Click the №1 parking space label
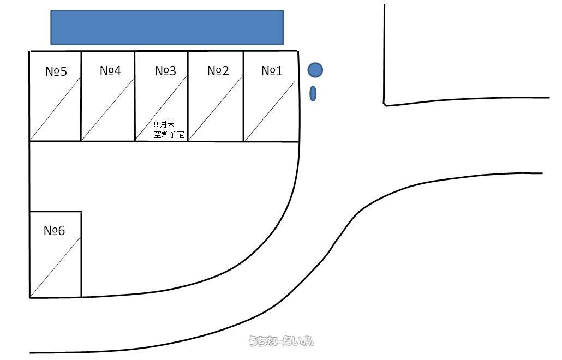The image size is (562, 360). tap(272, 70)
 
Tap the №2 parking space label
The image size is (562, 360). tap(218, 70)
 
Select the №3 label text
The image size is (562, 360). tap(165, 70)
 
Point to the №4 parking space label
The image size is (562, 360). tap(110, 70)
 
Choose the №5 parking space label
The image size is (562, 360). tap(56, 71)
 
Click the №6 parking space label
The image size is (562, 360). tap(54, 230)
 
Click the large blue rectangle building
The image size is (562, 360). tap(167, 28)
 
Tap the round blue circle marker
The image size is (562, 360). tap(315, 70)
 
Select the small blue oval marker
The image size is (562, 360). tap(313, 93)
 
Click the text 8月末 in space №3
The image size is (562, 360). tap(164, 124)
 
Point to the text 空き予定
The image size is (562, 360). tap(169, 134)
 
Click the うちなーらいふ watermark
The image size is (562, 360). tap(282, 341)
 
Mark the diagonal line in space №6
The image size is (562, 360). tap(56, 267)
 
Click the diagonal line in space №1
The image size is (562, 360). tap(270, 111)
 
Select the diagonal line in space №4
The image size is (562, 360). tap(108, 108)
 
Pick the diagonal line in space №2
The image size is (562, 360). tap(216, 108)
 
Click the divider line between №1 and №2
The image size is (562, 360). tap(244, 97)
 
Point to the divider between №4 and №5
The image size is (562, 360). tap(81, 97)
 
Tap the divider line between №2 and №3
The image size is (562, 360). tap(188, 97)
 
